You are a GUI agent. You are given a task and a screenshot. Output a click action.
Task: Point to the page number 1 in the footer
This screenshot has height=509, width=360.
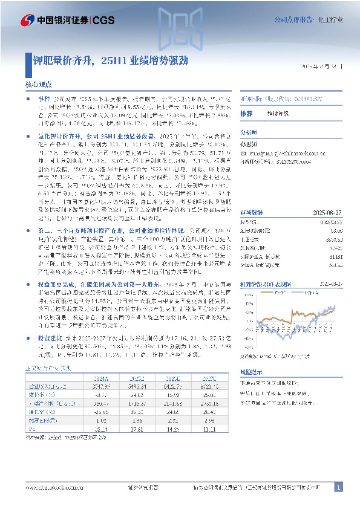point(338,487)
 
